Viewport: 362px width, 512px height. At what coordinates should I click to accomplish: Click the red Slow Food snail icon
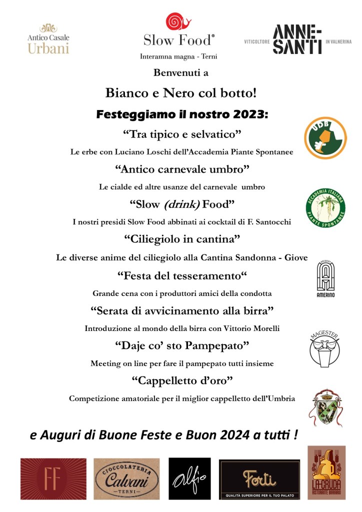pos(178,22)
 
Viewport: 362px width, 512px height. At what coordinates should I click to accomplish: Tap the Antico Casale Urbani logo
pos(48,38)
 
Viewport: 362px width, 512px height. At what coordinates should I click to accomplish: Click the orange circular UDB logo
pos(325,138)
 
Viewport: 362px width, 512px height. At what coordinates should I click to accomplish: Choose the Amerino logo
pos(325,279)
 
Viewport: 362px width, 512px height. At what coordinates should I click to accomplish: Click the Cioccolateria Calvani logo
pos(126,479)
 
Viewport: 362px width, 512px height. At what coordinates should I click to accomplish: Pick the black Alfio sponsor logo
pos(189,478)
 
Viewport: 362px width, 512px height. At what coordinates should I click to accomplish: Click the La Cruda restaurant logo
pos(326,472)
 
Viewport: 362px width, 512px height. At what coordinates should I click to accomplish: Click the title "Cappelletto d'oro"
pos(182,381)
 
